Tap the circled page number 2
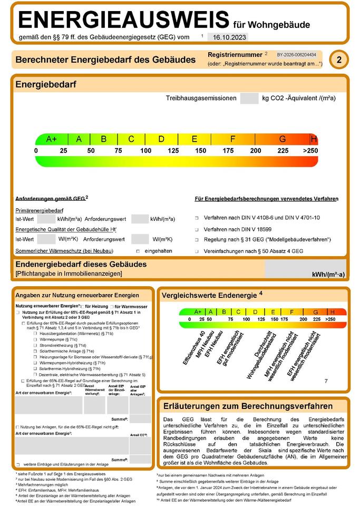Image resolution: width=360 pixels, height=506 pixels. coord(338,60)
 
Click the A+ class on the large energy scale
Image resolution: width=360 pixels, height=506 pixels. coord(51,139)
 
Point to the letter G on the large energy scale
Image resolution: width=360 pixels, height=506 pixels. coord(283,139)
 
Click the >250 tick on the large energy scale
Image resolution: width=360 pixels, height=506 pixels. coord(311,151)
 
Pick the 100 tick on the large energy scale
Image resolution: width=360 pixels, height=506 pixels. coord(145,151)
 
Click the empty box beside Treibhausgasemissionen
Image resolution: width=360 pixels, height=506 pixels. coord(248,98)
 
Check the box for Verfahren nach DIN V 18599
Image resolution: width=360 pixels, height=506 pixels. coord(196,230)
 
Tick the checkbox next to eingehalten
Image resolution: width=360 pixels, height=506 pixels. coord(138,251)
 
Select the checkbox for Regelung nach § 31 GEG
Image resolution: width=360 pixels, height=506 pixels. coord(196,240)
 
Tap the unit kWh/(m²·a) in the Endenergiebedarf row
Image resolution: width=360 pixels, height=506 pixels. coord(328,274)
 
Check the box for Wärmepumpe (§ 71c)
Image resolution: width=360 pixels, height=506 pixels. coord(35,339)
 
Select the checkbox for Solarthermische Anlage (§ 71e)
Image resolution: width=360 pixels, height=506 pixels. coord(35,351)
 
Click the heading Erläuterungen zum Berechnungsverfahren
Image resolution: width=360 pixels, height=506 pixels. coord(248,406)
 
